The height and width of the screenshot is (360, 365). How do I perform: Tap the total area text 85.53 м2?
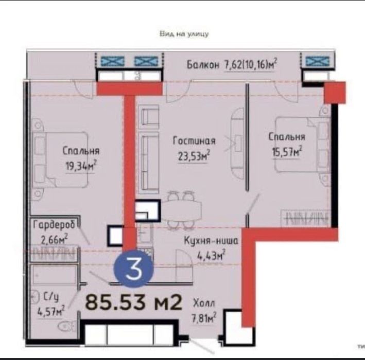pos(133,301)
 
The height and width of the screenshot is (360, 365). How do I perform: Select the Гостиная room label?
pos(194,140)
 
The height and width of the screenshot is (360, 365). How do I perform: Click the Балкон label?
pos(203,64)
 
